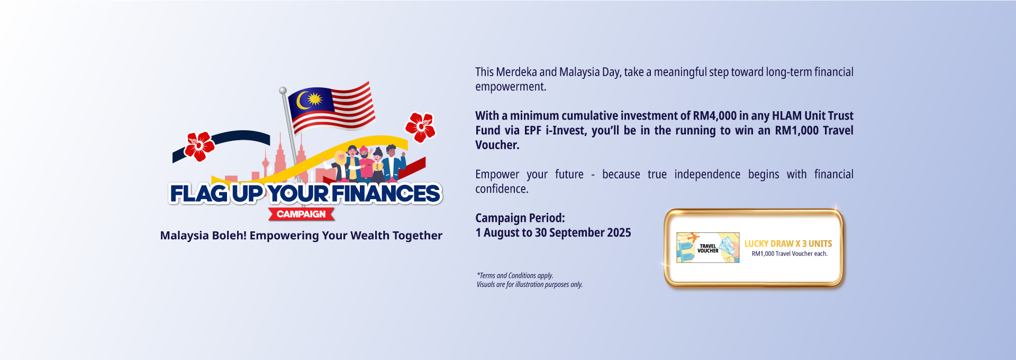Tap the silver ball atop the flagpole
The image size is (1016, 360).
[x=283, y=91]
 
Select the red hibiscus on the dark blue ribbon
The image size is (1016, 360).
[x=199, y=146]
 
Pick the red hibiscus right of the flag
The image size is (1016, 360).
[x=420, y=127]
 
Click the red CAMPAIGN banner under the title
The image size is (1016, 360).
[x=301, y=214]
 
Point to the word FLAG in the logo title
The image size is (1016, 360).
[x=199, y=194]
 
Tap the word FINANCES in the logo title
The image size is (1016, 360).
[x=386, y=194]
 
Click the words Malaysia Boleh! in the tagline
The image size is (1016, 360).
[x=203, y=236]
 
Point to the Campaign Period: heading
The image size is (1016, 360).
[x=520, y=218]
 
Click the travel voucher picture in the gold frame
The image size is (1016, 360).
[x=708, y=248]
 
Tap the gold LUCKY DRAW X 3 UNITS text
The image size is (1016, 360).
[x=788, y=244]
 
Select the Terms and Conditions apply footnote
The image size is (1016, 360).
[x=515, y=275]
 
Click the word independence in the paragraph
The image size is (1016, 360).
[x=707, y=174]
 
